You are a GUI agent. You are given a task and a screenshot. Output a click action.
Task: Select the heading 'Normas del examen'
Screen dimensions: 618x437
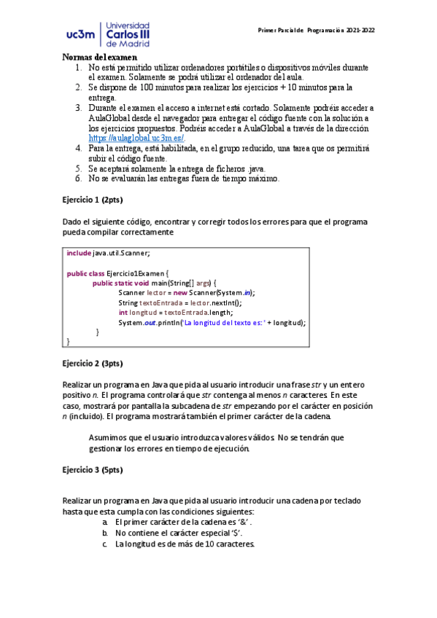tap(100, 57)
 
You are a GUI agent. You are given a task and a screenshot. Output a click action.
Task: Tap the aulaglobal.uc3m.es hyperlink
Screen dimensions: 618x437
tap(136, 137)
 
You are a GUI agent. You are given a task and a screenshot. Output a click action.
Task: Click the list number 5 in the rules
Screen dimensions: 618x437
tap(79, 168)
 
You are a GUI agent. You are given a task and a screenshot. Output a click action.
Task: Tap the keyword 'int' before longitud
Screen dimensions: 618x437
tap(123, 312)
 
